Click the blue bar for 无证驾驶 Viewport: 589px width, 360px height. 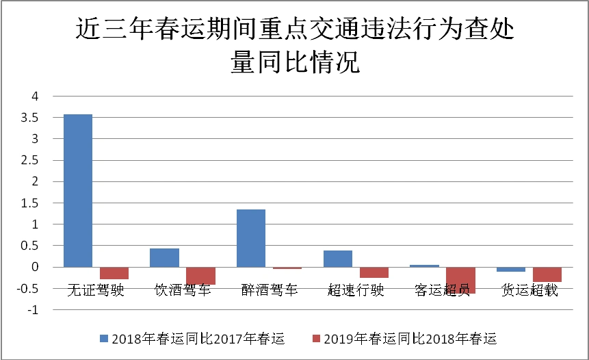click(x=78, y=190)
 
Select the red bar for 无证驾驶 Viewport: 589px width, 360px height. click(x=114, y=273)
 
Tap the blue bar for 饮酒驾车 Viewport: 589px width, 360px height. click(x=164, y=257)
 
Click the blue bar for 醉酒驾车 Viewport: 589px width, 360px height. click(x=251, y=238)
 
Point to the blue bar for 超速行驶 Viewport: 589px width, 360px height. click(x=338, y=259)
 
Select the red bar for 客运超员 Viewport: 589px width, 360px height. click(x=460, y=280)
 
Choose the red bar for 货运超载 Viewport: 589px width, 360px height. click(x=547, y=274)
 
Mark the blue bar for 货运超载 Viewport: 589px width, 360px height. click(x=511, y=269)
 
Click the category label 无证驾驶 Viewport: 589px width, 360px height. click(x=96, y=290)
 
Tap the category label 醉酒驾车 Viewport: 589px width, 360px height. click(x=270, y=290)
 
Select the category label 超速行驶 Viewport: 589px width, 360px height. click(x=356, y=290)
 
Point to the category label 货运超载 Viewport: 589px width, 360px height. click(x=529, y=290)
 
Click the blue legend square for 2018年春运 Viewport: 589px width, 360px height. click(x=104, y=338)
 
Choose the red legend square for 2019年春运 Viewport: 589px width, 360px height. click(x=316, y=338)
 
